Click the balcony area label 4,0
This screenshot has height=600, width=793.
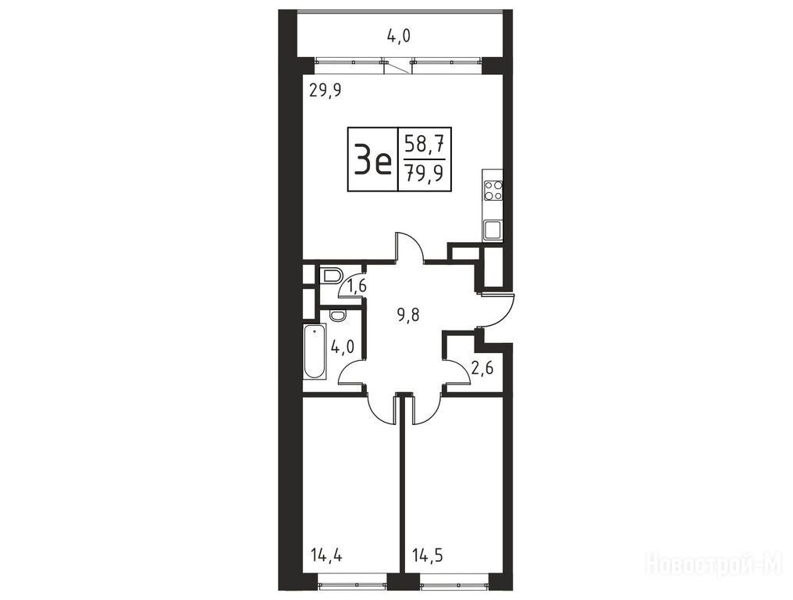pos(399,37)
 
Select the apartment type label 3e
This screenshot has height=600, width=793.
pos(373,159)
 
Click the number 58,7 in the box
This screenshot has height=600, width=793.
pos(425,146)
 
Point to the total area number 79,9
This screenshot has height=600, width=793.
pos(425,173)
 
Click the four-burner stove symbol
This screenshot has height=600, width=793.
pos(493,191)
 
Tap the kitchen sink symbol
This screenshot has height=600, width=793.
pos(493,230)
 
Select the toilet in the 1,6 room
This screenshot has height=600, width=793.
pos(332,276)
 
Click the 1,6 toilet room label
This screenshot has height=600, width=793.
pos(356,287)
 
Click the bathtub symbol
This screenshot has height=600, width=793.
pos(315,351)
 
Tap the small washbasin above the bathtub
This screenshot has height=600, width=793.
pos(337,315)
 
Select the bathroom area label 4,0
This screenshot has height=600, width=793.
pos(342,348)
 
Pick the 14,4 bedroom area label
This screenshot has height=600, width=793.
pos(326,556)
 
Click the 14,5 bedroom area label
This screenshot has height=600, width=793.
pos(428,556)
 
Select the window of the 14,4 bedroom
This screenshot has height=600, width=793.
pos(353,583)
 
